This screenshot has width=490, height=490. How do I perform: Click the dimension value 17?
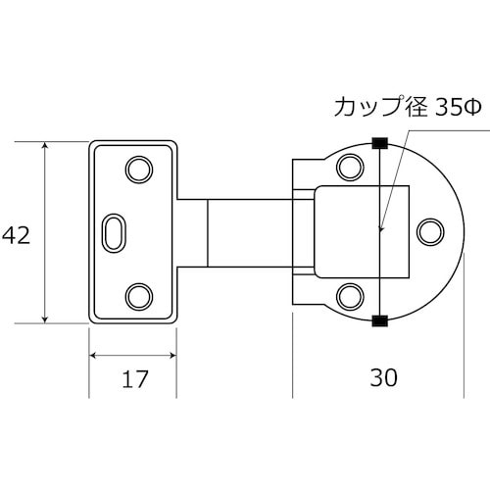pos(132,378)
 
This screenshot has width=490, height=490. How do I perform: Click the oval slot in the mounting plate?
pos(114,232)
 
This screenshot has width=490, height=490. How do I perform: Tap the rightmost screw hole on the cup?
pos(428,231)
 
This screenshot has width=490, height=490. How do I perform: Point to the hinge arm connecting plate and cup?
pos(250,232)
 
